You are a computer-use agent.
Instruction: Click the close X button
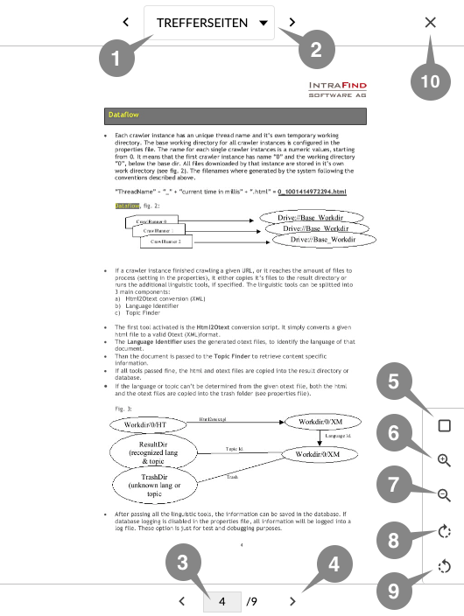tap(430, 23)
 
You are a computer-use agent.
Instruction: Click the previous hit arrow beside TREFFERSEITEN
tap(126, 23)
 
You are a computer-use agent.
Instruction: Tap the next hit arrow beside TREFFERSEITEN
tap(292, 23)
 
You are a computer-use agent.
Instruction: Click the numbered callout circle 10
tap(431, 80)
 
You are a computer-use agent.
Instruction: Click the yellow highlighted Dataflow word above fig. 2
tap(126, 205)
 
